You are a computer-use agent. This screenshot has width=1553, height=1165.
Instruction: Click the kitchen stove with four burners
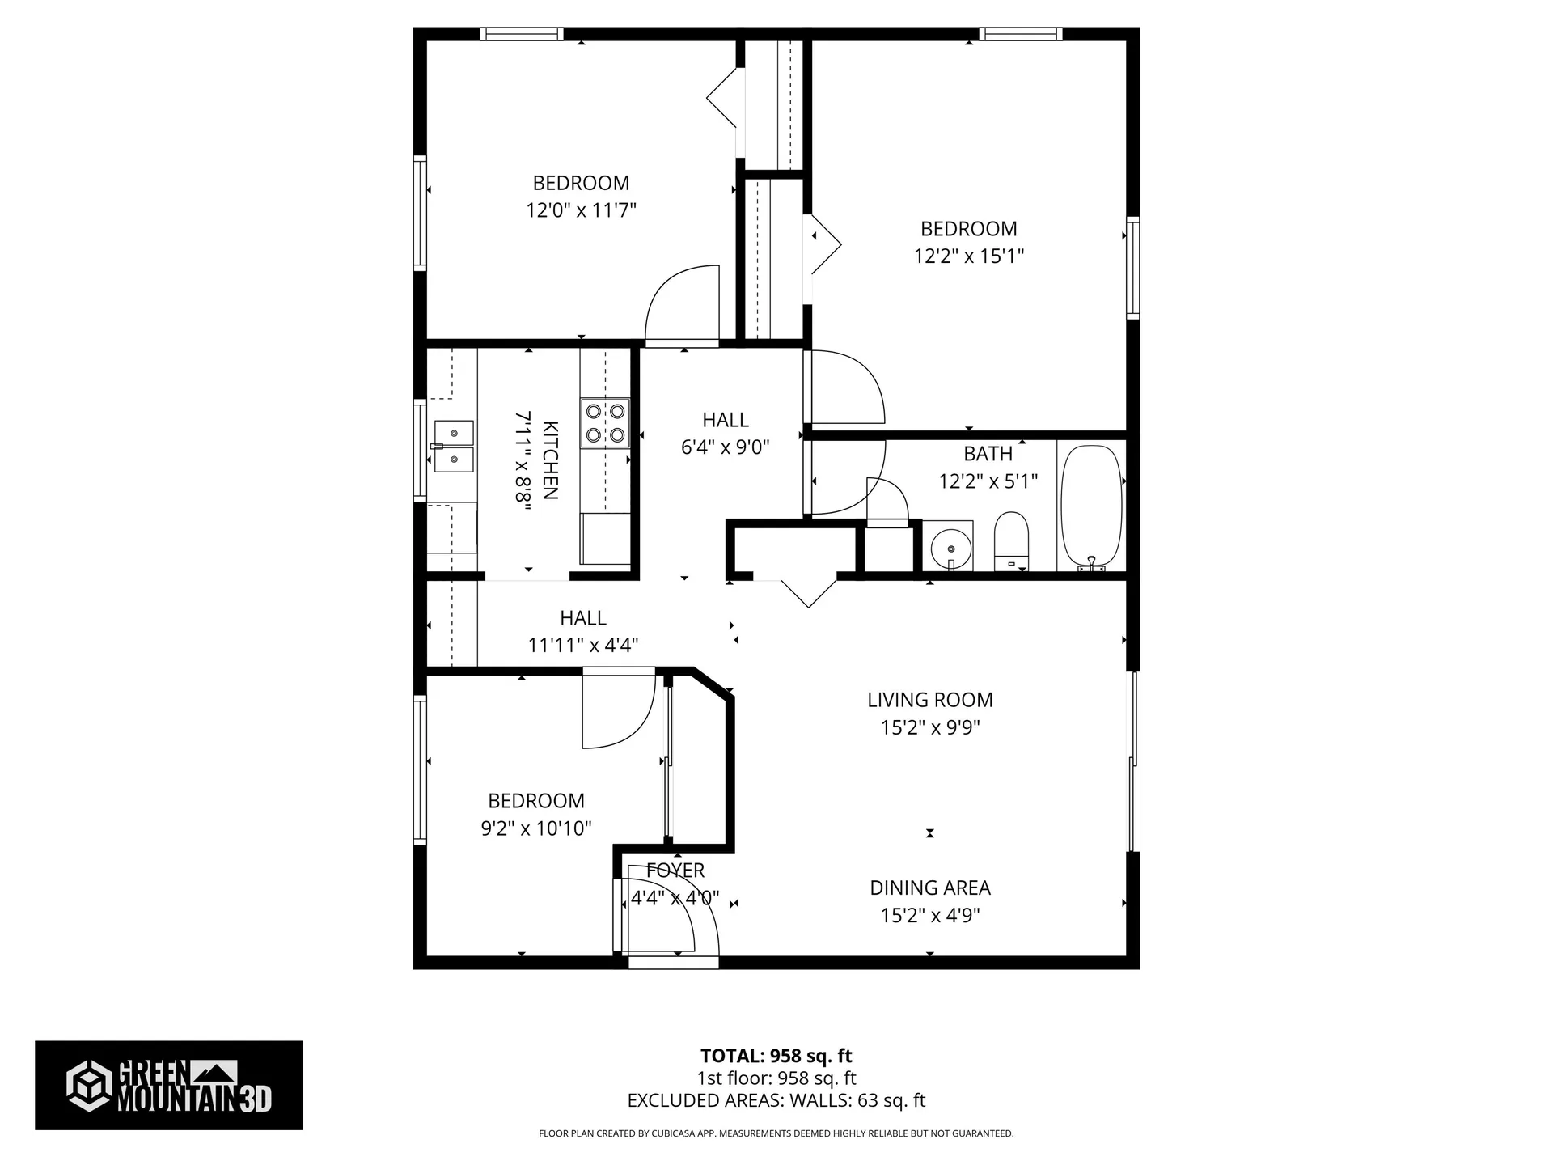[x=605, y=423]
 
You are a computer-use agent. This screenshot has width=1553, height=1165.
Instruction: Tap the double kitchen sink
[x=454, y=446]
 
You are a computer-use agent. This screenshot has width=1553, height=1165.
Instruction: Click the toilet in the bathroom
[x=1010, y=540]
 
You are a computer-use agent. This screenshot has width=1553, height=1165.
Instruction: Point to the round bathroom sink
[x=951, y=549]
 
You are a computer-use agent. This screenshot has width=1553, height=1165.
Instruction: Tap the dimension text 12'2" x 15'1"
[x=969, y=256]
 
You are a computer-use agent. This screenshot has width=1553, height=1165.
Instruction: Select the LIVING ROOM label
[x=930, y=700]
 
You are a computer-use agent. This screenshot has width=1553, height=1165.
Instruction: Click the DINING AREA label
[x=930, y=888]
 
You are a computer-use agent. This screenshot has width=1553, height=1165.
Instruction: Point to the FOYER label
[x=675, y=871]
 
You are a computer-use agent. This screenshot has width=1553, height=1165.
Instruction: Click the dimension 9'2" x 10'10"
[x=536, y=828]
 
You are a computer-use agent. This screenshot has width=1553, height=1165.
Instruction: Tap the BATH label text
[x=988, y=454]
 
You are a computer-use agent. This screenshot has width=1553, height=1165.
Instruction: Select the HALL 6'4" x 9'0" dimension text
[x=725, y=447]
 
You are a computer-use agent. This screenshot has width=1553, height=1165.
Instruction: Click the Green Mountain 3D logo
[x=168, y=1085]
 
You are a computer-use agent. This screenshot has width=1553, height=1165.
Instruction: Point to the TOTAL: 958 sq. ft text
[x=776, y=1056]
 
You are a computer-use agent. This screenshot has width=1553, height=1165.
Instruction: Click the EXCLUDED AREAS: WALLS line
[x=776, y=1100]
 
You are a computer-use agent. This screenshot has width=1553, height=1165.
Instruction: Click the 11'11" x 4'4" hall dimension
[x=583, y=645]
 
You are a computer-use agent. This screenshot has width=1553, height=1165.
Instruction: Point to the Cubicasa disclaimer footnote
[x=776, y=1133]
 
